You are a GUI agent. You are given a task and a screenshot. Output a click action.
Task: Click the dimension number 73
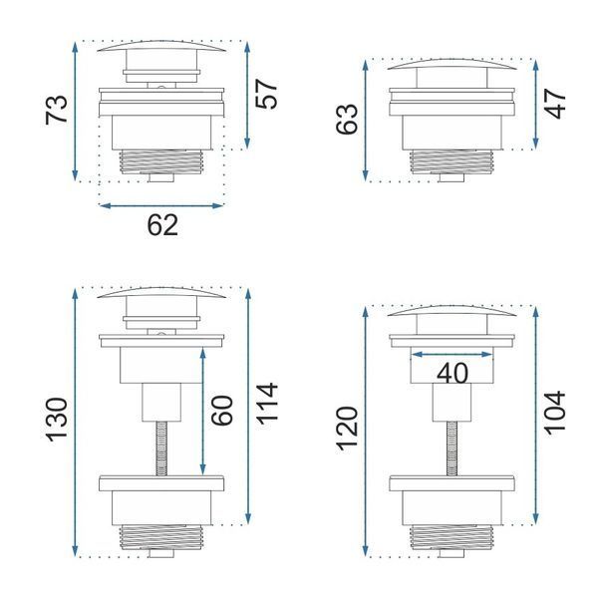57,110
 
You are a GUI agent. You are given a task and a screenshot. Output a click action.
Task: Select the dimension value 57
266,95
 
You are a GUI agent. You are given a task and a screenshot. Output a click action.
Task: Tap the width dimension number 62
162,225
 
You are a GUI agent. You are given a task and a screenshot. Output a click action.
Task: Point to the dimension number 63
347,119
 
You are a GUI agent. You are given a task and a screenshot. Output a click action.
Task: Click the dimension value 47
554,104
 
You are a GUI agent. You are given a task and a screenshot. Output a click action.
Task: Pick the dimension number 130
57,420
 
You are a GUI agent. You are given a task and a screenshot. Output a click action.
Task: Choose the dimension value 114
266,404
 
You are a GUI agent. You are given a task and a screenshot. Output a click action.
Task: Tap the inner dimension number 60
221,411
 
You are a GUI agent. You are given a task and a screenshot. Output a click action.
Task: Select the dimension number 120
347,429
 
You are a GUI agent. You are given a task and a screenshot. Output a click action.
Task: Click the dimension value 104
554,413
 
